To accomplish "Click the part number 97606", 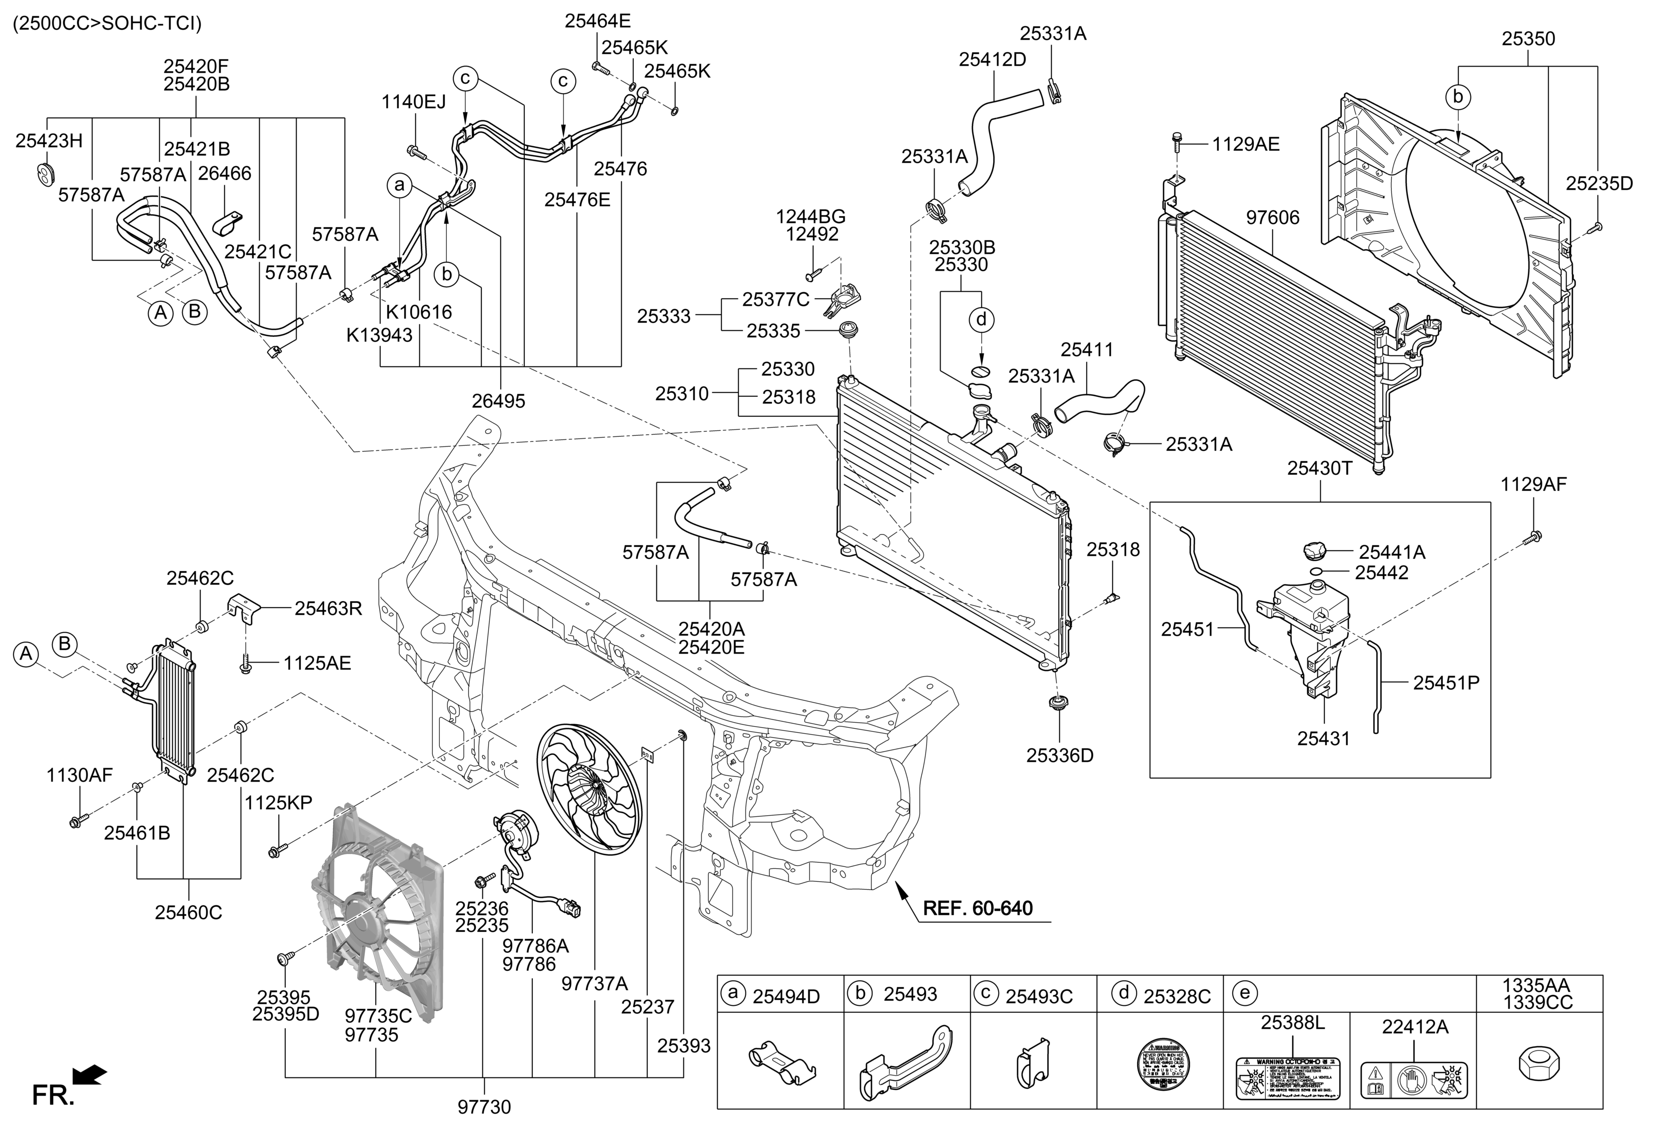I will tap(1273, 217).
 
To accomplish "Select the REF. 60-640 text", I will tap(977, 908).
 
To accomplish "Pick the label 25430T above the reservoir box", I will tap(1320, 468).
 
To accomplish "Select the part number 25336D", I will tap(1059, 756).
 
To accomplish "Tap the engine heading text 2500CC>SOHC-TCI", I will tap(108, 24).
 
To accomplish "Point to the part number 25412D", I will tap(992, 60).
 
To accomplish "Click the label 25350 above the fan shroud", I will tap(1528, 39).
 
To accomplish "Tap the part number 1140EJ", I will tap(413, 102).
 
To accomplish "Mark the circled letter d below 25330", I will tap(981, 320).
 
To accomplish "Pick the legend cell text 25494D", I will tap(786, 996).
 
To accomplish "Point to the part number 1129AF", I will tap(1533, 485).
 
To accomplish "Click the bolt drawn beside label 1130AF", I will tap(76, 821).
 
